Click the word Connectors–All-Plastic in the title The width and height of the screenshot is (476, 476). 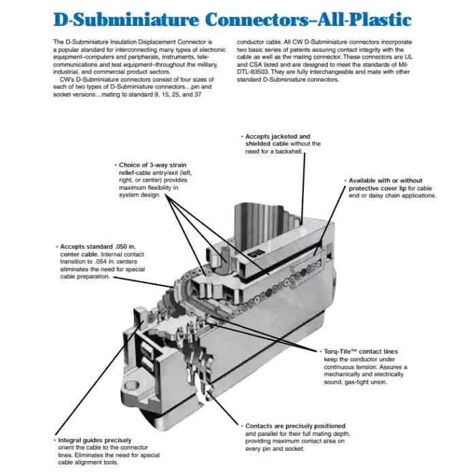[308, 20]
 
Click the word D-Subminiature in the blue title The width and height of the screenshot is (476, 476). [126, 20]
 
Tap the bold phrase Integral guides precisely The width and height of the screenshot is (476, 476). [95, 440]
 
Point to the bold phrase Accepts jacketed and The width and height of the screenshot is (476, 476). [277, 137]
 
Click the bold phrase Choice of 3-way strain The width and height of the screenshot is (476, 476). [153, 165]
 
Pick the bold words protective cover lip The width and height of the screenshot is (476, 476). [377, 188]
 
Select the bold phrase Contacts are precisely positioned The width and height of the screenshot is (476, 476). [295, 426]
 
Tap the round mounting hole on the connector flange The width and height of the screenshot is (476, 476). [132, 386]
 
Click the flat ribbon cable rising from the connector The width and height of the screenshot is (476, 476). [264, 221]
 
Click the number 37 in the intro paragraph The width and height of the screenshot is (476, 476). [198, 95]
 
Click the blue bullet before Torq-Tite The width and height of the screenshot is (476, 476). [320, 352]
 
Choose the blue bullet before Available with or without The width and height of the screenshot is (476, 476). [345, 181]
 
